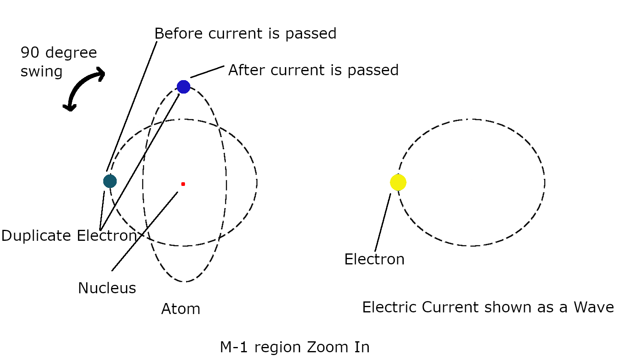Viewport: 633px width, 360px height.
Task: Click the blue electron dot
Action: (x=183, y=87)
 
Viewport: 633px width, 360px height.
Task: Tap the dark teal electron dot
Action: (x=110, y=181)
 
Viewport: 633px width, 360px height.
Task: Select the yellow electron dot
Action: (x=398, y=182)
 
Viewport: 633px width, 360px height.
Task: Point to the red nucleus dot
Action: (x=183, y=184)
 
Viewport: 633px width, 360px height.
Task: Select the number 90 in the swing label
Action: (x=30, y=53)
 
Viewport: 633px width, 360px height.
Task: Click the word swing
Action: (x=41, y=72)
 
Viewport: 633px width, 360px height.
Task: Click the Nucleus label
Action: (x=107, y=288)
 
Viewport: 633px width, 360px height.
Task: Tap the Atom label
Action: (x=181, y=309)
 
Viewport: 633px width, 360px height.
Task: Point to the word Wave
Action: (x=594, y=308)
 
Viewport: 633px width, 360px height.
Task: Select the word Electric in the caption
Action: (x=389, y=308)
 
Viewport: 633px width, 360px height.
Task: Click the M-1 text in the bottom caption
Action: (x=234, y=347)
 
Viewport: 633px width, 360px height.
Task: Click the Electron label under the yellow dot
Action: (x=374, y=260)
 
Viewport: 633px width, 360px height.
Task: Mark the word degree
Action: (x=71, y=53)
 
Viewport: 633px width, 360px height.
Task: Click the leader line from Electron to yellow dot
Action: (x=383, y=223)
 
